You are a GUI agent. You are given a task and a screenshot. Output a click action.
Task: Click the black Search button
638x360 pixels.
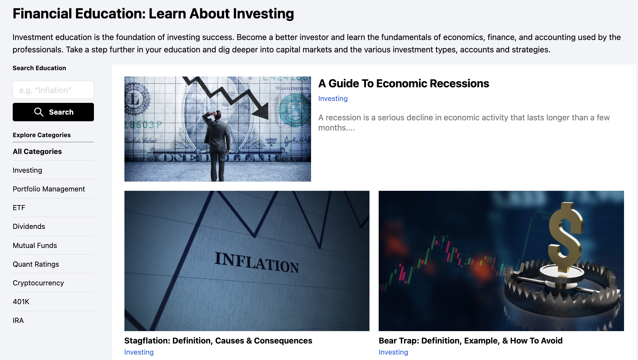click(x=53, y=112)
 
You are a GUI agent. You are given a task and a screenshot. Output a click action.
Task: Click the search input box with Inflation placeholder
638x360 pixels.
click(x=53, y=90)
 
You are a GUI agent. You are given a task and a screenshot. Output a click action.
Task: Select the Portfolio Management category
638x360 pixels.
click(x=49, y=189)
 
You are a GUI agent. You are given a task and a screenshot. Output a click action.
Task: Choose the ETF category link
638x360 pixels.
click(x=19, y=208)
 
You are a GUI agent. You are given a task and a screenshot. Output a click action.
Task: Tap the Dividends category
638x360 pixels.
click(x=29, y=226)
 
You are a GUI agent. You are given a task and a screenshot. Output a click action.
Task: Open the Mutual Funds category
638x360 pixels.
click(x=35, y=245)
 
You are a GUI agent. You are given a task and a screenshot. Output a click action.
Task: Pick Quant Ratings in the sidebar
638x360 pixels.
click(x=36, y=264)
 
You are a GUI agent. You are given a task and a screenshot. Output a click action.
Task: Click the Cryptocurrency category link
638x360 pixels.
click(x=38, y=283)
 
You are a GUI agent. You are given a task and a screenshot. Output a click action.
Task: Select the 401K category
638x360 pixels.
click(x=21, y=302)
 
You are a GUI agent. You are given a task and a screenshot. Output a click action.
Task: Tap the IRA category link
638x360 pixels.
click(x=18, y=320)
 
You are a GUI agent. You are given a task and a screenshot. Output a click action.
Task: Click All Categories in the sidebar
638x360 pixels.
click(x=37, y=151)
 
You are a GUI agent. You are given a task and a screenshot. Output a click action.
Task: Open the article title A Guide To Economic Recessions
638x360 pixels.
click(x=404, y=83)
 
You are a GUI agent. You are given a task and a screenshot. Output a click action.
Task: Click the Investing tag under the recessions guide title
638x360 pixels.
click(x=333, y=98)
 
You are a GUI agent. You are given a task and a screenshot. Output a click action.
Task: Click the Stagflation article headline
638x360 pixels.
click(x=218, y=341)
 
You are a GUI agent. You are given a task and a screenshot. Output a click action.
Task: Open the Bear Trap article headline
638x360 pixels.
click(x=471, y=341)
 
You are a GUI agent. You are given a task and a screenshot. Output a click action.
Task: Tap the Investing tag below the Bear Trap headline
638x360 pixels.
click(x=394, y=352)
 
